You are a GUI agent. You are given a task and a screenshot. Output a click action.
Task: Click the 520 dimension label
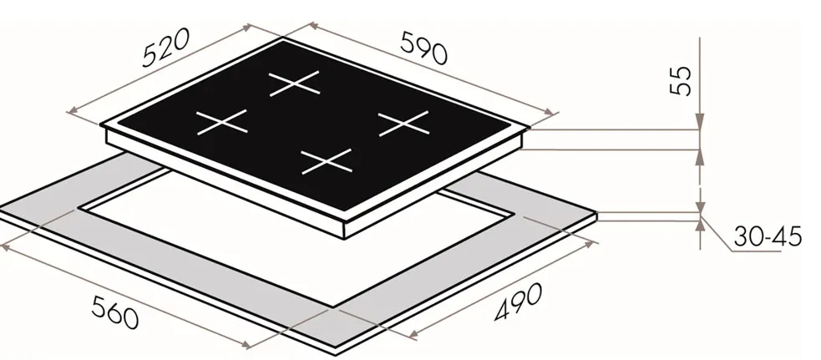click(x=165, y=48)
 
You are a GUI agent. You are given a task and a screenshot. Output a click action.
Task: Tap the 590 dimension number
click(x=424, y=48)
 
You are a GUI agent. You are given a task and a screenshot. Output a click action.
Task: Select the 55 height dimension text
click(x=681, y=81)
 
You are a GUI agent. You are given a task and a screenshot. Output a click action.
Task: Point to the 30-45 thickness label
click(x=767, y=237)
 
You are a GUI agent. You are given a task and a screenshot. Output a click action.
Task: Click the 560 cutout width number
click(x=114, y=312)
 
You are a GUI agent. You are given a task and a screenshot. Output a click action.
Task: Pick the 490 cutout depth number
click(x=518, y=302)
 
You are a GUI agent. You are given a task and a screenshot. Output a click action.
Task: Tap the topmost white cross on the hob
click(x=294, y=84)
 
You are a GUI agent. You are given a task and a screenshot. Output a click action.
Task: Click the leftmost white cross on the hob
click(x=221, y=122)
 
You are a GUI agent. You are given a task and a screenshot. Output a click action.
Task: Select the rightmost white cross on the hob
click(x=403, y=124)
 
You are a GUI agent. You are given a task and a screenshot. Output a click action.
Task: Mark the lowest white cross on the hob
click(x=327, y=161)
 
